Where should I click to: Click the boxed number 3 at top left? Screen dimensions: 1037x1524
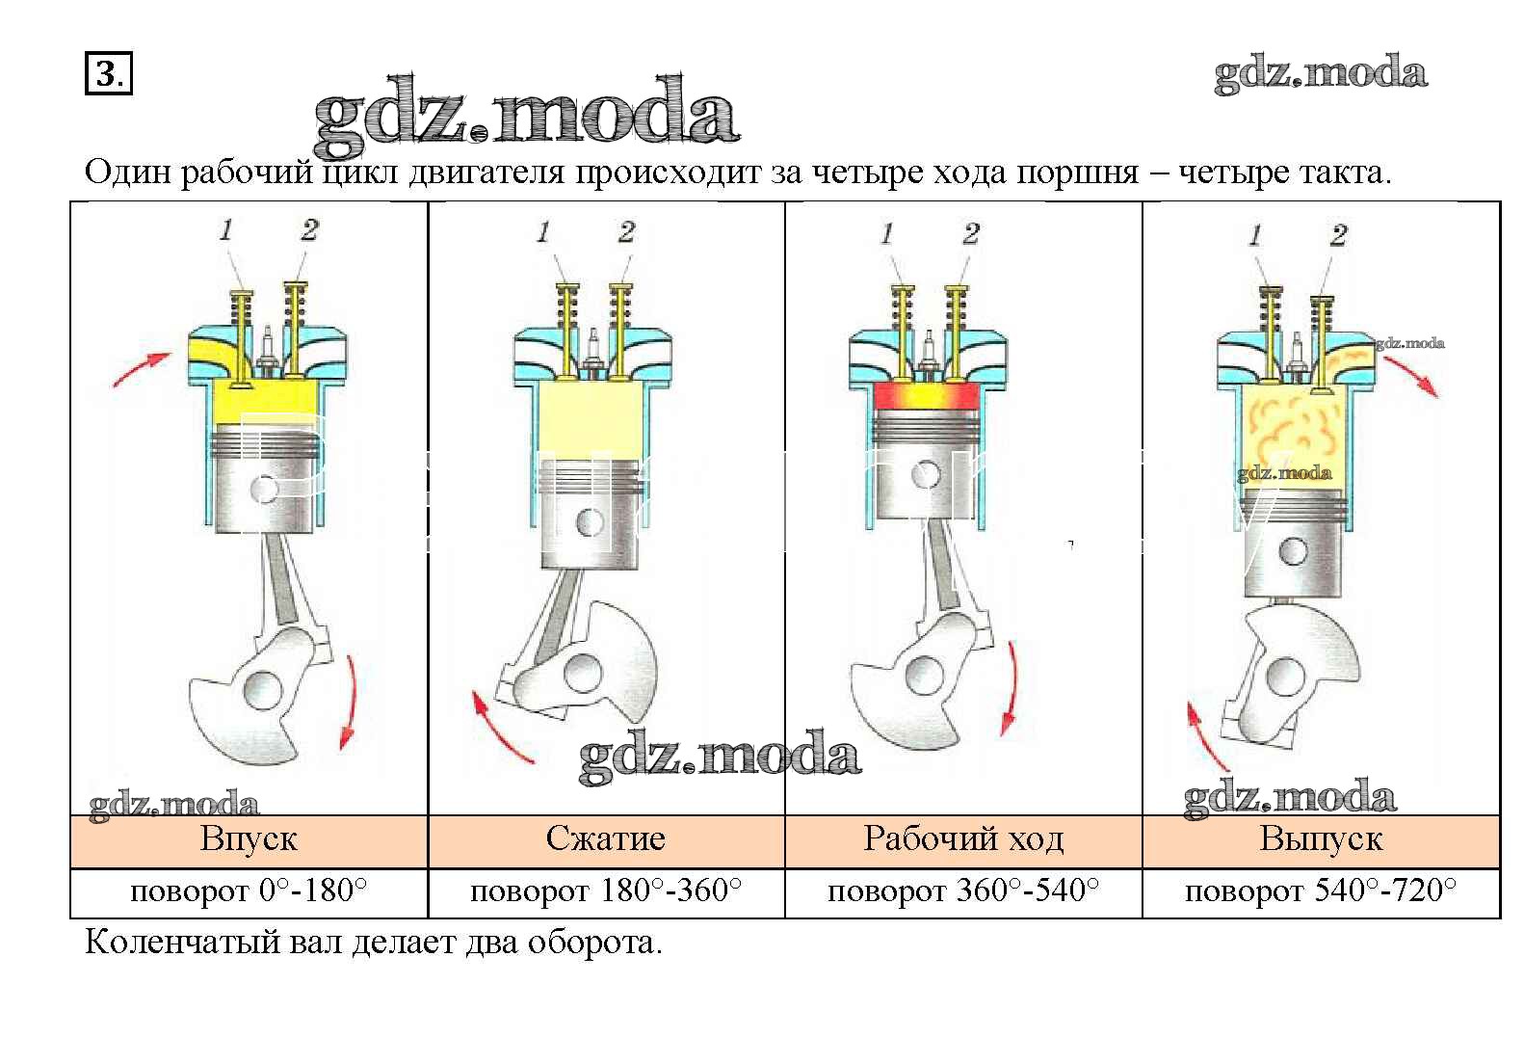pyautogui.click(x=108, y=74)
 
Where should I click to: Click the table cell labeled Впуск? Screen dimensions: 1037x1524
pyautogui.click(x=249, y=839)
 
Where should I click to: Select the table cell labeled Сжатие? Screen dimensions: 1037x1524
pyautogui.click(x=605, y=839)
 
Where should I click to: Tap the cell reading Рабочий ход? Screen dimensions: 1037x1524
pyautogui.click(x=963, y=839)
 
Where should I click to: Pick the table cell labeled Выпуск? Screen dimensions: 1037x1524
pyautogui.click(x=1321, y=839)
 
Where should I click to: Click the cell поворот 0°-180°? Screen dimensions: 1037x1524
pyautogui.click(x=249, y=891)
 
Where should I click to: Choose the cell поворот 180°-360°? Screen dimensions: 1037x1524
pyautogui.click(x=605, y=891)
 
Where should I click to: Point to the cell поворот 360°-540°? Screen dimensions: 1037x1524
pyautogui.click(x=963, y=891)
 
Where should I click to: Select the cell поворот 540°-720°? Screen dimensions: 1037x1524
pyautogui.click(x=1321, y=891)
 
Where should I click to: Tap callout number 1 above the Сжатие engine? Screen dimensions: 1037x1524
pyautogui.click(x=543, y=232)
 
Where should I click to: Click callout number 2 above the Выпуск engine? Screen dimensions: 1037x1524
pyautogui.click(x=1338, y=235)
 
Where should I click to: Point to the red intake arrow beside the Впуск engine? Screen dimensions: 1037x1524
pyautogui.click(x=141, y=369)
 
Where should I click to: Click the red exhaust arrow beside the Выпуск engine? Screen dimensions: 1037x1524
pyautogui.click(x=1411, y=375)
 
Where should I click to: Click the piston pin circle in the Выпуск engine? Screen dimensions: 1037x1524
pyautogui.click(x=1292, y=552)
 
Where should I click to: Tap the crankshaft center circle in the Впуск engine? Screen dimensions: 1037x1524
pyautogui.click(x=262, y=690)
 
